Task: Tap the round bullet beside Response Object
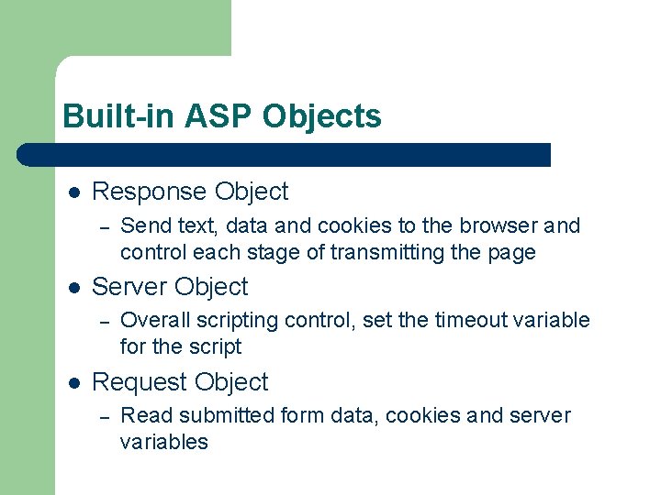point(74,192)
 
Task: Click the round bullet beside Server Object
point(74,287)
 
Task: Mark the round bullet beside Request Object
point(74,382)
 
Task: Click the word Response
point(150,192)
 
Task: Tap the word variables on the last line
point(163,442)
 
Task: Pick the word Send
point(142,225)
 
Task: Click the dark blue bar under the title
point(285,154)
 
